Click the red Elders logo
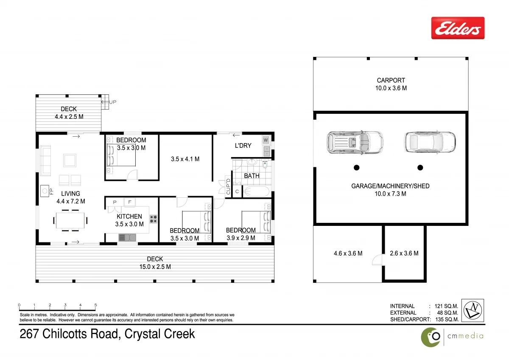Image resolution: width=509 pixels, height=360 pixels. tap(458, 28)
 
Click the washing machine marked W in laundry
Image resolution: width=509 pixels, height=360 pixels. tap(266, 140)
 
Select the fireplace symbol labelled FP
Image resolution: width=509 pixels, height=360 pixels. tap(45, 191)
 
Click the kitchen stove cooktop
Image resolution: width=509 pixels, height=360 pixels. tap(154, 219)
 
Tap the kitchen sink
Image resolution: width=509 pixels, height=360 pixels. tap(126, 237)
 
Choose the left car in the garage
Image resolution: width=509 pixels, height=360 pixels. tap(355, 142)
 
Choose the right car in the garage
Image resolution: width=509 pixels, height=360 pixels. tap(429, 142)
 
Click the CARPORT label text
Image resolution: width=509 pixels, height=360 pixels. tap(391, 80)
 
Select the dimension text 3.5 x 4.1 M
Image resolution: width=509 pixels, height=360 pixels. tap(185, 159)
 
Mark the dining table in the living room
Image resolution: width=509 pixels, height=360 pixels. tap(71, 220)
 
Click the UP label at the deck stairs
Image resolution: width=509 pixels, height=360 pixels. tap(112, 102)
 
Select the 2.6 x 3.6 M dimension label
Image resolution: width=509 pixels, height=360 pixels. tap(404, 253)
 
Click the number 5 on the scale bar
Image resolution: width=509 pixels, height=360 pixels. tap(95, 305)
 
